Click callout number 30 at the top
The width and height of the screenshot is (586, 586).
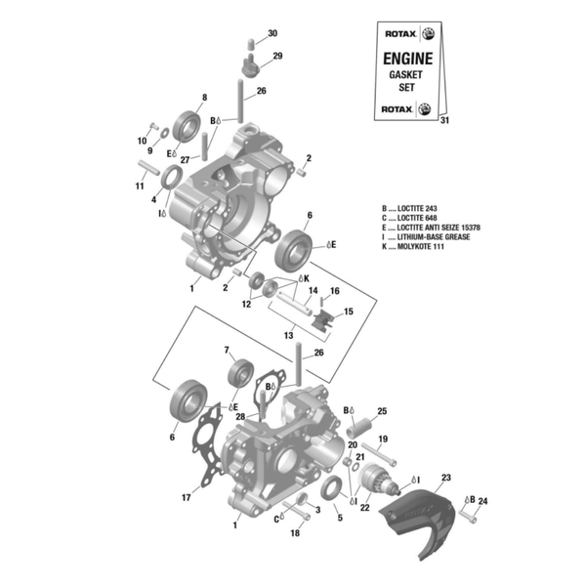pyautogui.click(x=272, y=33)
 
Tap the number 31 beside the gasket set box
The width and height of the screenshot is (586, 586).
pyautogui.click(x=445, y=120)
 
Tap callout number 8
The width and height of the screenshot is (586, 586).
pyautogui.click(x=204, y=97)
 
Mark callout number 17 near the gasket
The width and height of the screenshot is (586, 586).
pyautogui.click(x=186, y=497)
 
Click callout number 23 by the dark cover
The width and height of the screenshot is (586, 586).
pyautogui.click(x=446, y=477)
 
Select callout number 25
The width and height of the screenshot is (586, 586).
pyautogui.click(x=382, y=411)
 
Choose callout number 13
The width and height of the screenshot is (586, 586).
pyautogui.click(x=288, y=334)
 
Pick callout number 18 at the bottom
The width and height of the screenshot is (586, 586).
pyautogui.click(x=293, y=533)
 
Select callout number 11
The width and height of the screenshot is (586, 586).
pyautogui.click(x=140, y=187)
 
